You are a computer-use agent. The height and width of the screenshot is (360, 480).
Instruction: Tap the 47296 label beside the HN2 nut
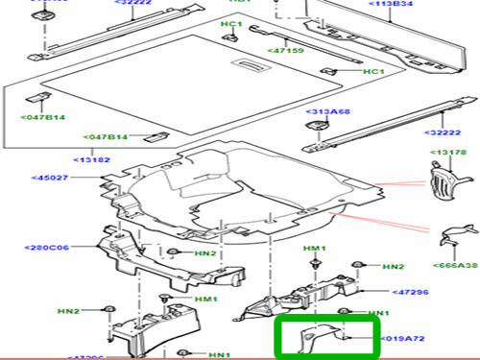coord(410,289)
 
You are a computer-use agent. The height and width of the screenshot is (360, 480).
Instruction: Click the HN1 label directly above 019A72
coord(379,314)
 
